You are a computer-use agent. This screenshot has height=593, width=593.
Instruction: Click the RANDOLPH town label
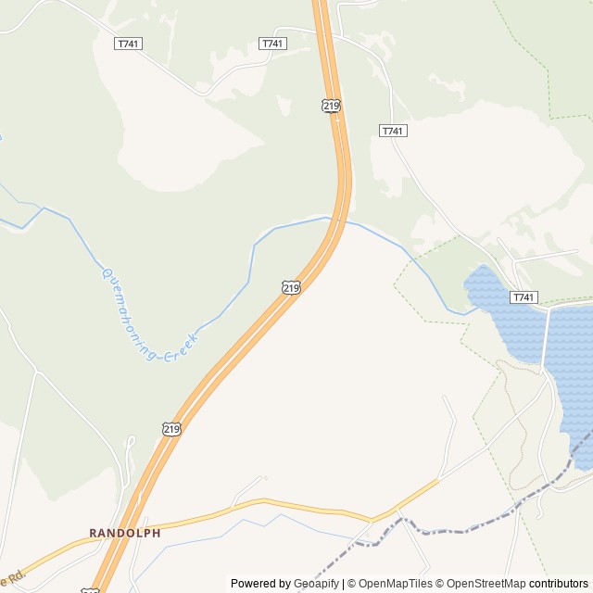tap(125, 533)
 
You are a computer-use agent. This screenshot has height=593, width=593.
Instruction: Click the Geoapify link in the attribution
tap(316, 584)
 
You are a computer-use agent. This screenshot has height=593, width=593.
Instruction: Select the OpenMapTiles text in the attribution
tap(396, 584)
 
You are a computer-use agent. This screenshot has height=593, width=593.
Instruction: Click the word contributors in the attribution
tap(559, 584)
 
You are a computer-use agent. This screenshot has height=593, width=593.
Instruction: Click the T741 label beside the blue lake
tap(524, 296)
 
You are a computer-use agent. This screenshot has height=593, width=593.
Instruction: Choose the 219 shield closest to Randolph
tap(170, 428)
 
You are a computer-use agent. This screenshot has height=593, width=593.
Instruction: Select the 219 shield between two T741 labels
tap(332, 106)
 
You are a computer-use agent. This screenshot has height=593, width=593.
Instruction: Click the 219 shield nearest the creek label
tap(291, 287)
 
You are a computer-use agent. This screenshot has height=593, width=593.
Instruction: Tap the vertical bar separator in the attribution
tap(343, 584)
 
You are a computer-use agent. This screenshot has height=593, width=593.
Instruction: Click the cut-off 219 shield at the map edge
tap(90, 590)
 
